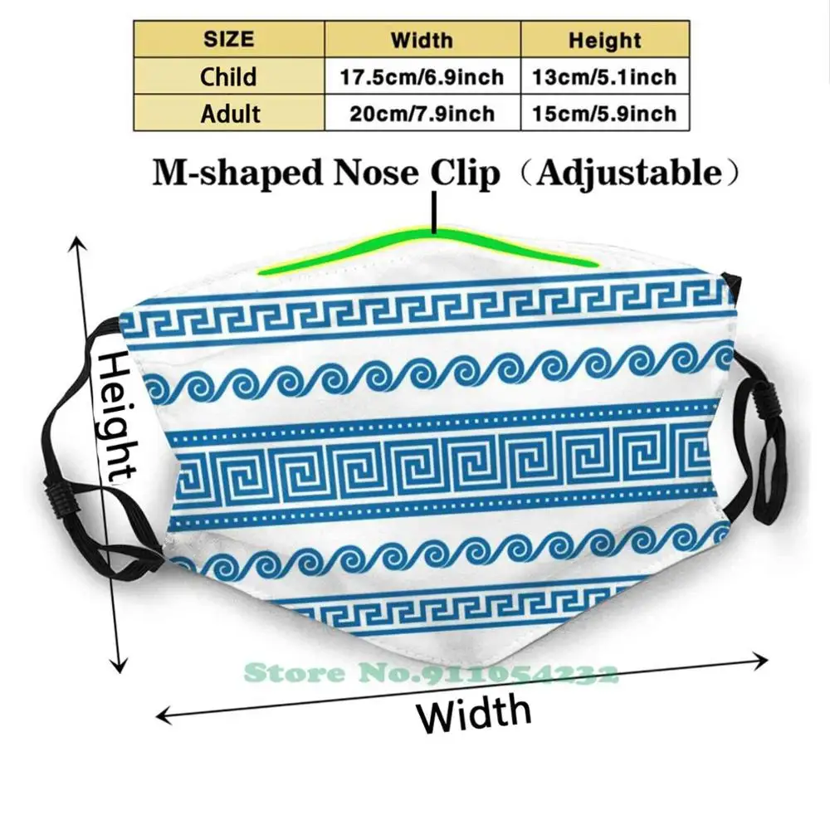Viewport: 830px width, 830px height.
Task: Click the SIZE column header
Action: click(229, 39)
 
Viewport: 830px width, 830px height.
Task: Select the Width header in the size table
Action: click(422, 39)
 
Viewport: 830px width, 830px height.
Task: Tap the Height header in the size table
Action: click(604, 39)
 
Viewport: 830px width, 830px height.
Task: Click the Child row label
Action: click(229, 76)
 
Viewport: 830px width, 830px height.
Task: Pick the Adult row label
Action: click(229, 113)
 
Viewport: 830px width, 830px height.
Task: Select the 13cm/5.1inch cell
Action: click(605, 77)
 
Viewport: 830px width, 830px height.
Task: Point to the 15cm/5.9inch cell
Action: click(605, 114)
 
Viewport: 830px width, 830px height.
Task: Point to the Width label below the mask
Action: click(474, 712)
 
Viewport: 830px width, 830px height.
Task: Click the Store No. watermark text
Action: click(432, 672)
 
